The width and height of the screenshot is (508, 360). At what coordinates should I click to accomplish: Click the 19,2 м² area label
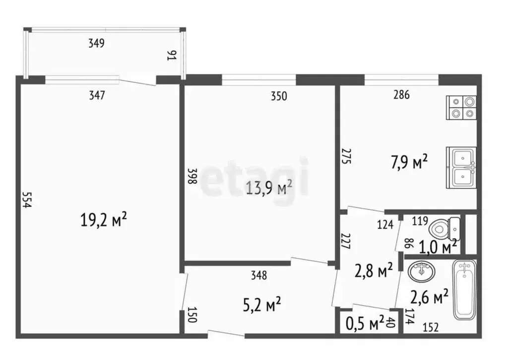coord(104,219)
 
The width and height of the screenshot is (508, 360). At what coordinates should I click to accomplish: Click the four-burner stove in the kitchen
coord(462,108)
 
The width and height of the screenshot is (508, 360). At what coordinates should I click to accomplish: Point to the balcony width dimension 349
coord(96,44)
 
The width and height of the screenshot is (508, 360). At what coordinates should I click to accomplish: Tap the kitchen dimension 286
coord(401,95)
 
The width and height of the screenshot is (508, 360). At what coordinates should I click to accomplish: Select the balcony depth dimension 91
coord(172,55)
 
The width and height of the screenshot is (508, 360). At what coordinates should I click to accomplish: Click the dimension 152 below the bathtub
coord(431,327)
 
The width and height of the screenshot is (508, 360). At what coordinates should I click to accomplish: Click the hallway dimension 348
coord(259,275)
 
